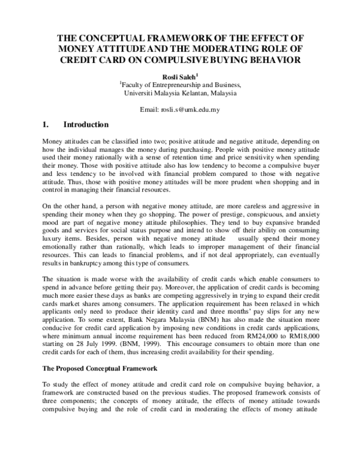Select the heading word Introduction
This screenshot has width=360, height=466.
tap(86, 126)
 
